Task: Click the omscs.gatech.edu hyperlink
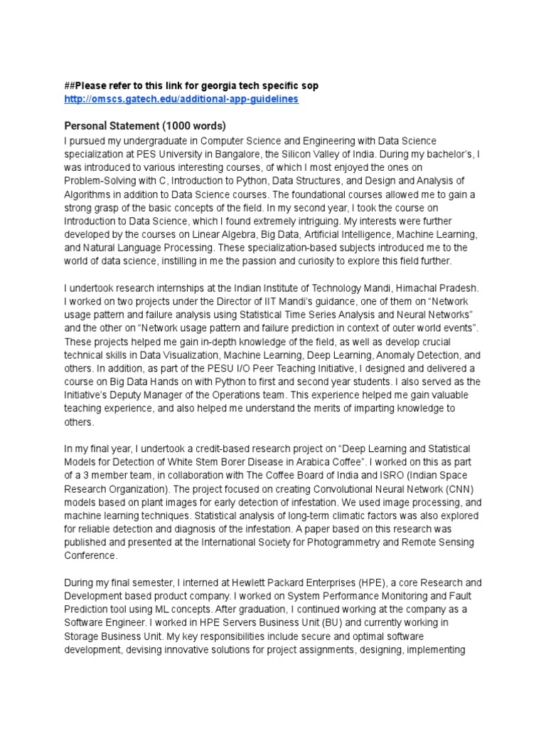[181, 99]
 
